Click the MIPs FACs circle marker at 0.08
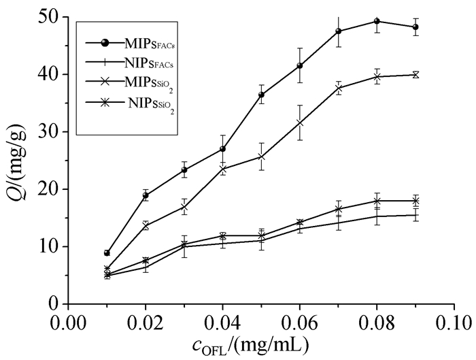click(x=377, y=21)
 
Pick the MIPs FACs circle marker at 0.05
click(x=261, y=95)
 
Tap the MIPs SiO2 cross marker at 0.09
click(x=415, y=74)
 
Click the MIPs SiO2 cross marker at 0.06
click(x=300, y=122)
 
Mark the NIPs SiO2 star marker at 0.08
click(x=377, y=201)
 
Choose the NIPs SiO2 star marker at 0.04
click(x=222, y=235)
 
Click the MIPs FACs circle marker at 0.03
click(x=184, y=170)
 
